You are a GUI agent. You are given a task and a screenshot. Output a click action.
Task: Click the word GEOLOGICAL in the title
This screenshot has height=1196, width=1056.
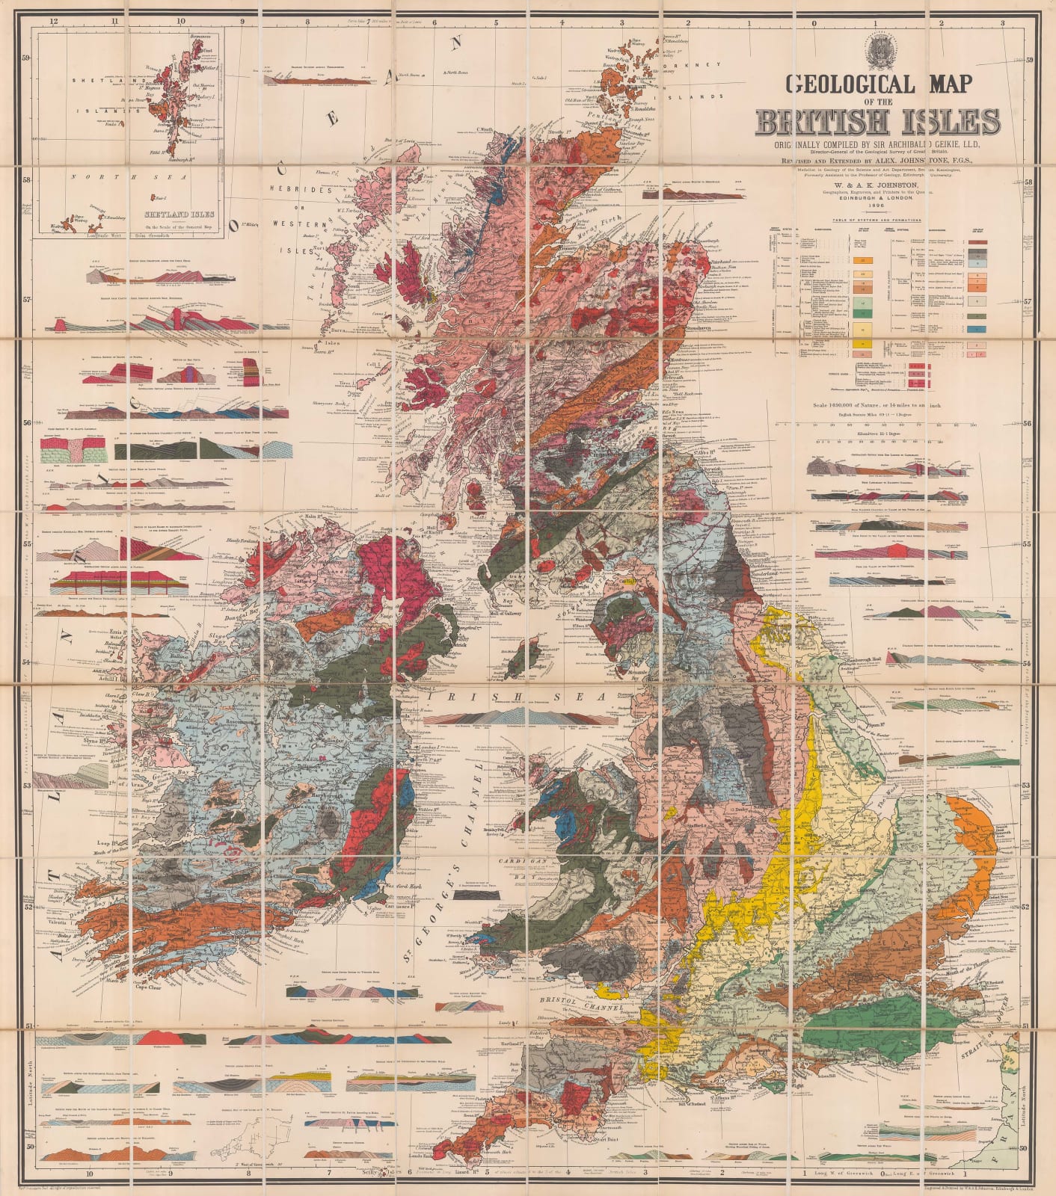(x=849, y=84)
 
